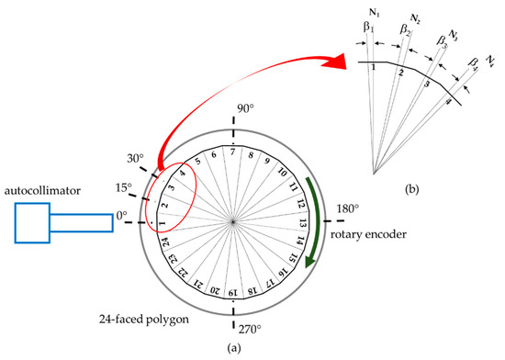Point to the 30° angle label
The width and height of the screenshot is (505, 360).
[x=133, y=158]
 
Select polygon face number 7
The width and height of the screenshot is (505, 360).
[x=234, y=151]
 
